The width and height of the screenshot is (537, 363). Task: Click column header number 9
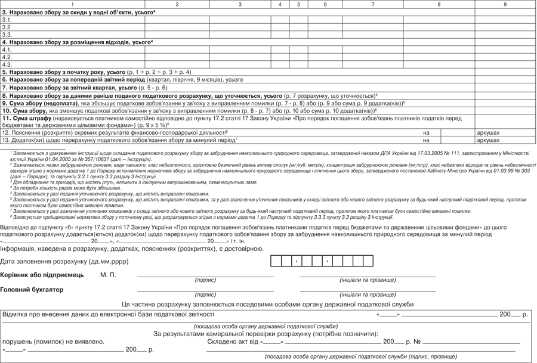pos(505,4)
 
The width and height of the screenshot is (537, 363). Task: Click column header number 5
pos(298,4)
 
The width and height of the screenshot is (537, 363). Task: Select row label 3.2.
pos(7,27)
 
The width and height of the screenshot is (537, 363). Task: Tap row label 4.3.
pos(7,64)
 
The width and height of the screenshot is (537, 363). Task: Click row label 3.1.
pos(7,20)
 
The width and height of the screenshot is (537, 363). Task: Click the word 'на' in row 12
pos(426,132)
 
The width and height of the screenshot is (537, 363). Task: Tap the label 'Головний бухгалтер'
pos(32,290)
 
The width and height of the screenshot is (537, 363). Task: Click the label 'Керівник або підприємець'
pos(42,275)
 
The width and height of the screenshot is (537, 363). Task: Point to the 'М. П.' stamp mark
pos(108,275)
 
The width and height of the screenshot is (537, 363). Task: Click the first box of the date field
pos(276,261)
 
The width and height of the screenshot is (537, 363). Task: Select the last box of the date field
pos(368,261)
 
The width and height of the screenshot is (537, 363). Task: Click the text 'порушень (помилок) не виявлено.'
pos(53,342)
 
